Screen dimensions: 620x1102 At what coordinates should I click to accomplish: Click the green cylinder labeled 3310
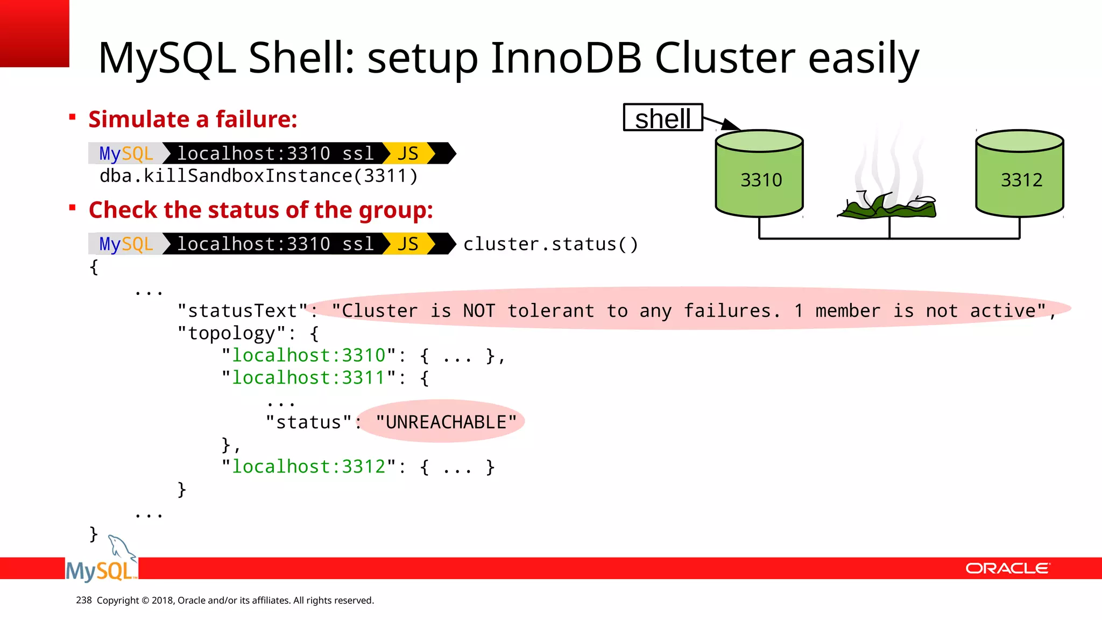(x=759, y=175)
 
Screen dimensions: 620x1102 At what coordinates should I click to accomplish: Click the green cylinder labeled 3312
(x=1020, y=175)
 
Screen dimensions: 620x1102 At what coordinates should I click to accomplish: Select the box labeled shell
(x=663, y=118)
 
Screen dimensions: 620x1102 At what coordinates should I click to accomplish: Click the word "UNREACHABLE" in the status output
(x=446, y=422)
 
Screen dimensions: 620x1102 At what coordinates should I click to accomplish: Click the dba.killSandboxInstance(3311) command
(x=258, y=176)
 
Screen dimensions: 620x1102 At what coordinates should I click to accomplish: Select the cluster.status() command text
(x=550, y=244)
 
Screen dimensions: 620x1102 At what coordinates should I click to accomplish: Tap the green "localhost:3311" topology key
(x=308, y=378)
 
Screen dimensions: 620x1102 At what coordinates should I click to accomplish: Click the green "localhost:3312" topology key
(x=308, y=467)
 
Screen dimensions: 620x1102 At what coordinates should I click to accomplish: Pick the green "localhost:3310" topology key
(x=308, y=355)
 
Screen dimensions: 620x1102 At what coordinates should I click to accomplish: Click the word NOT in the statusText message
(x=478, y=311)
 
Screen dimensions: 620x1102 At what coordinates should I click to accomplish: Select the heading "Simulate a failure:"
(x=193, y=119)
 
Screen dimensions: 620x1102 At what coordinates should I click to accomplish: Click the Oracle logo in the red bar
(x=1007, y=568)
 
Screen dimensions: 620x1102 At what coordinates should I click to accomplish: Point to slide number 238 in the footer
(x=84, y=600)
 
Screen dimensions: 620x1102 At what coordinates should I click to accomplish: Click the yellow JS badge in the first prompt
(x=408, y=154)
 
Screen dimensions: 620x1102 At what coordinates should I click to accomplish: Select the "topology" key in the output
(x=231, y=333)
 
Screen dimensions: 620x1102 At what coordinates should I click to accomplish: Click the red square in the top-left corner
(x=34, y=33)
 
